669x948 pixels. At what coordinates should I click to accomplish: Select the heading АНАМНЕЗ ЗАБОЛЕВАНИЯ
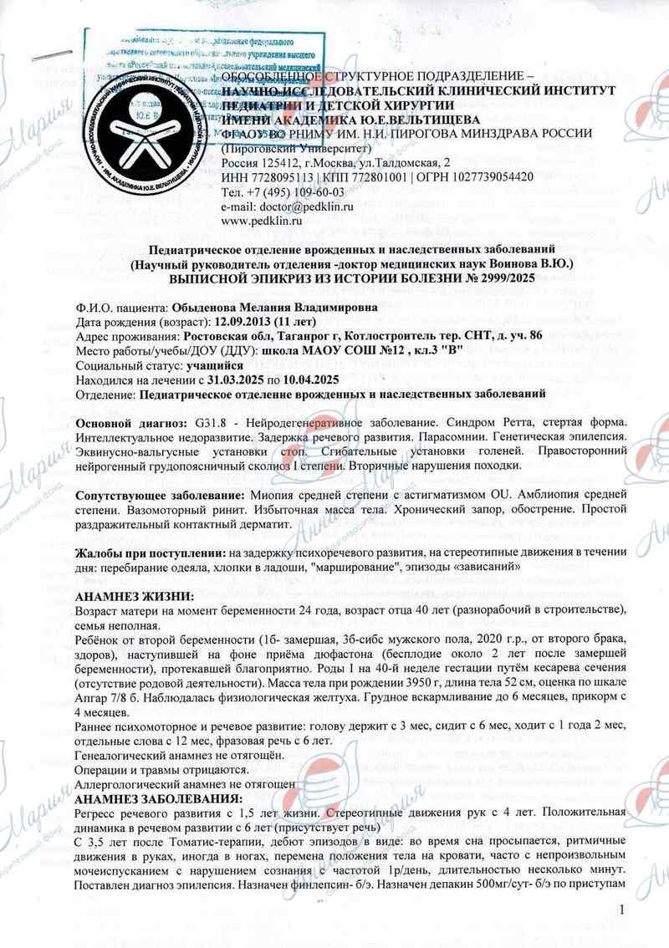pyautogui.click(x=157, y=797)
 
